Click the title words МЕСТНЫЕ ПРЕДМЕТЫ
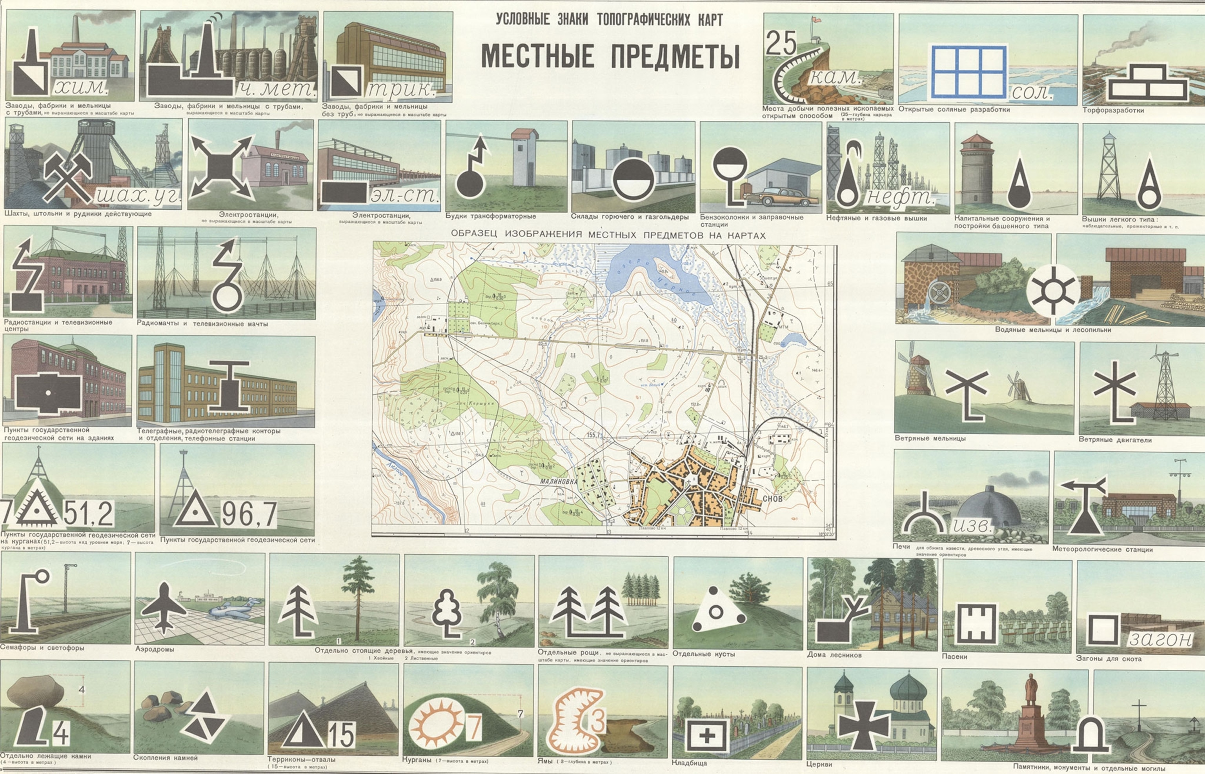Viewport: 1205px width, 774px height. (610, 56)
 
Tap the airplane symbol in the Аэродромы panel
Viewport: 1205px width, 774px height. (164, 607)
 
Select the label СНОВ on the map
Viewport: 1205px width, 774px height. (772, 499)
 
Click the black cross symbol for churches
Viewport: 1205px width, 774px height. (864, 724)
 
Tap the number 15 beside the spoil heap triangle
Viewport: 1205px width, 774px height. (341, 735)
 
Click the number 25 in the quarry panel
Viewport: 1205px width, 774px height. (781, 43)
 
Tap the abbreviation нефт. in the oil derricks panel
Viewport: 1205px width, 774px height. (900, 197)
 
